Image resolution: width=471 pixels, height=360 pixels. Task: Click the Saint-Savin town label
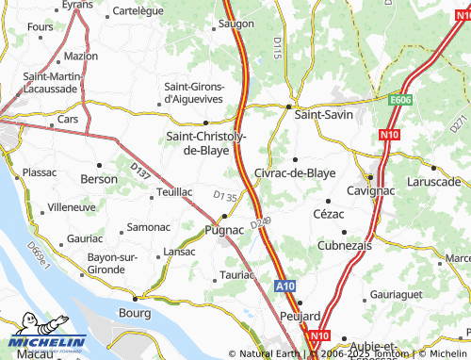click(x=323, y=114)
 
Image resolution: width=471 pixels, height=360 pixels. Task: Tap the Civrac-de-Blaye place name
click(x=295, y=173)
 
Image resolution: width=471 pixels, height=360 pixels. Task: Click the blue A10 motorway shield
click(x=287, y=285)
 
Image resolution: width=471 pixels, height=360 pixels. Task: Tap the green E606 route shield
click(x=403, y=97)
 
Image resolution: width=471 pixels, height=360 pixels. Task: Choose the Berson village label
click(x=99, y=178)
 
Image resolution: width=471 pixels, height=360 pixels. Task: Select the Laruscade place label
click(x=432, y=180)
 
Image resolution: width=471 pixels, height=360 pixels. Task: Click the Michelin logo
click(x=44, y=343)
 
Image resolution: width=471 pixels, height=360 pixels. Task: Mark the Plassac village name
click(x=40, y=172)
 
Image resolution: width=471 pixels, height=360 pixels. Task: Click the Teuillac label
click(x=174, y=191)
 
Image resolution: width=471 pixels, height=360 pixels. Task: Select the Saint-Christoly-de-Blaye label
click(x=207, y=143)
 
